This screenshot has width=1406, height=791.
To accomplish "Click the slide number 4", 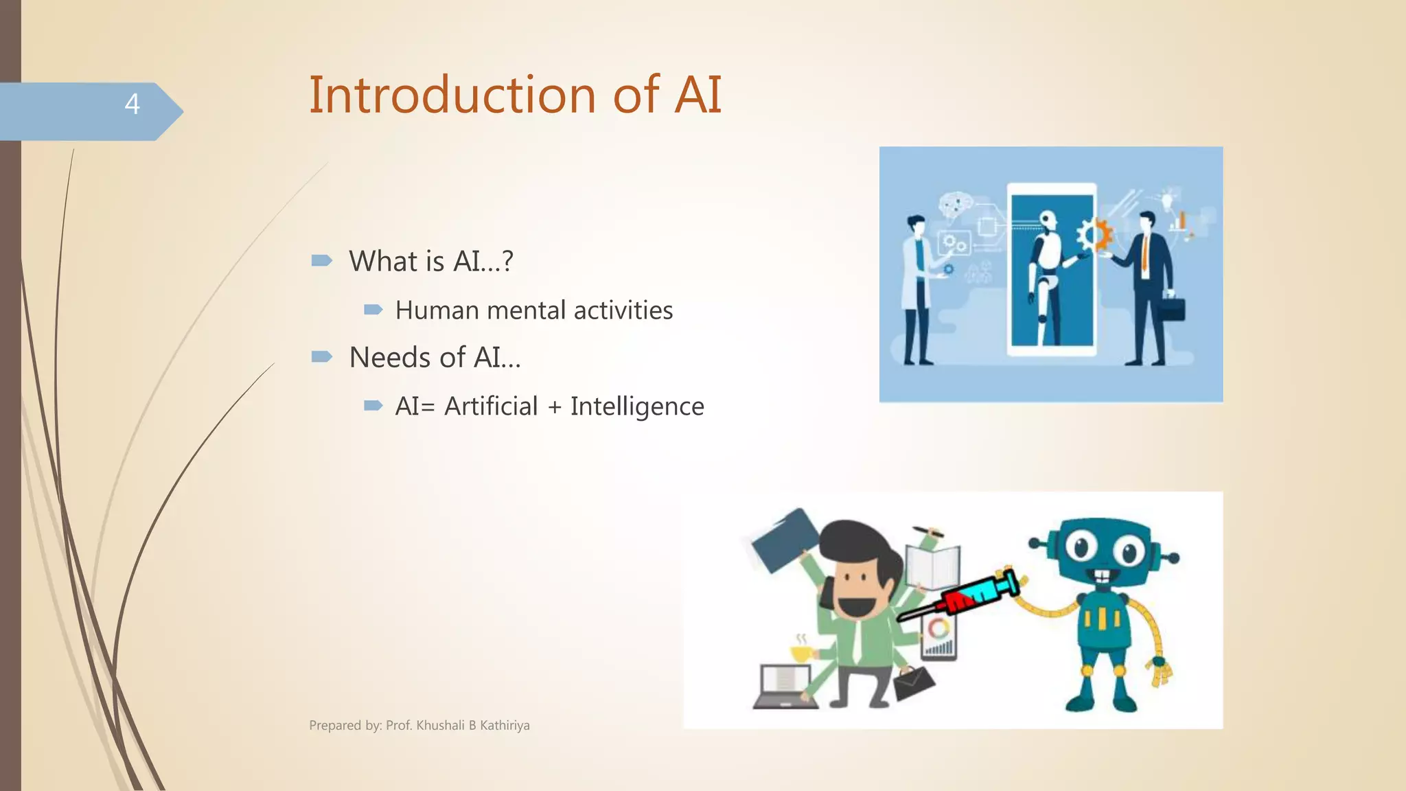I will point(132,104).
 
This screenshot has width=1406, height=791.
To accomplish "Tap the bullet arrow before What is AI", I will point(321,260).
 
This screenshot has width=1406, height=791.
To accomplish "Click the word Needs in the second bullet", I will point(390,358).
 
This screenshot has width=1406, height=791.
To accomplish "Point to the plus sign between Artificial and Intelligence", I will point(554,407).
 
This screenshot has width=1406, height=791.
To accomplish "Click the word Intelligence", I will point(636,406).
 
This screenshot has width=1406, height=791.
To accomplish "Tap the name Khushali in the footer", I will point(440,726).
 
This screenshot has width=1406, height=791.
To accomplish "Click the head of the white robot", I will point(1046,220).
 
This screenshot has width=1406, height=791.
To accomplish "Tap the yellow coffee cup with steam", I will point(800,652).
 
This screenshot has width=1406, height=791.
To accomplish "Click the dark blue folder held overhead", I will point(785,542).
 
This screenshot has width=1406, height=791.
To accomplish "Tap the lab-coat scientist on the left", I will point(917,288).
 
